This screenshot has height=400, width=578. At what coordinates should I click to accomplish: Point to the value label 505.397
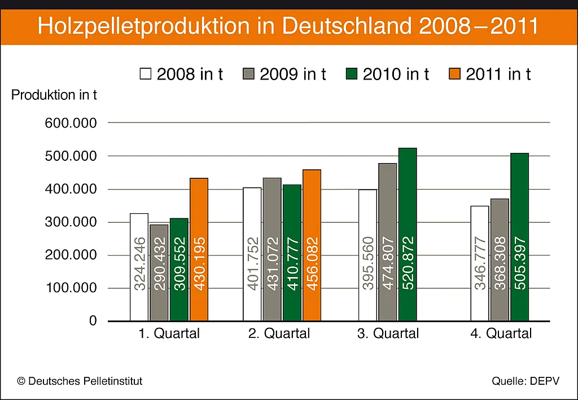pos(520,263)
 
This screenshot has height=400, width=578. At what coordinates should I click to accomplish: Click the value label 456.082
pos(312,263)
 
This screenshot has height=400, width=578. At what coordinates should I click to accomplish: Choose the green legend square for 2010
pos(352,74)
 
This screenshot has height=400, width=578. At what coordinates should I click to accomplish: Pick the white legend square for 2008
pos(146,74)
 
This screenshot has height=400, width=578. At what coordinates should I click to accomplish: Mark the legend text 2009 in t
pos(293,74)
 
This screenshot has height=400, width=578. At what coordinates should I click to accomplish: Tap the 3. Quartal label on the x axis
pos(388,333)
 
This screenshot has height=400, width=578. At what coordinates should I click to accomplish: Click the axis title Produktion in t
pos(54,95)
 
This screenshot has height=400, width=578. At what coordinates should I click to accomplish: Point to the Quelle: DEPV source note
pos(525,381)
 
